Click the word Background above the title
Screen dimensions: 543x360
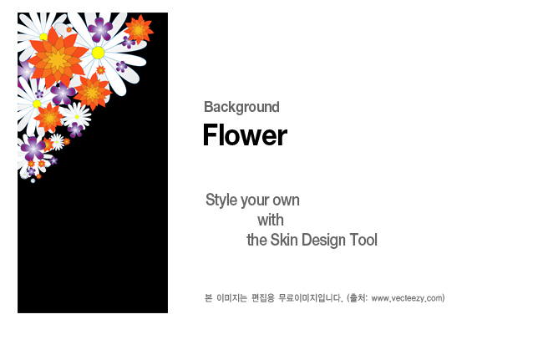241,107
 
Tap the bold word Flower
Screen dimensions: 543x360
245,135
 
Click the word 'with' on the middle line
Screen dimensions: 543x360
271,221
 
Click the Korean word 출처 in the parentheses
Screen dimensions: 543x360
358,297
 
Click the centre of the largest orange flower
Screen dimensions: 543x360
57,61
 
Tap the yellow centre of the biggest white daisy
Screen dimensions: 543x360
98,53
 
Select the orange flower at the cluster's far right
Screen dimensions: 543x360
139,30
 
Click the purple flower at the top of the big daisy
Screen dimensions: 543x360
100,29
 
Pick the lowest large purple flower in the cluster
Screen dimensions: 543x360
33,148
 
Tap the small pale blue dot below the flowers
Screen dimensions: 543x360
33,180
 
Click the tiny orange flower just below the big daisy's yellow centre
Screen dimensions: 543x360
101,70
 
